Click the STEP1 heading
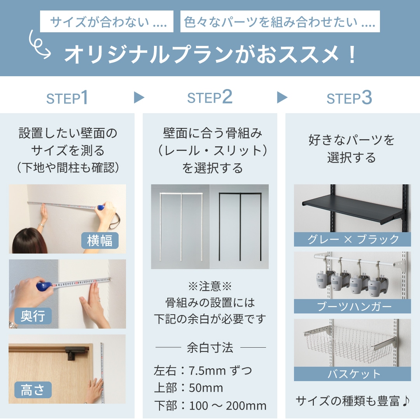pyautogui.click(x=67, y=98)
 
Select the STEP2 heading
pyautogui.click(x=210, y=97)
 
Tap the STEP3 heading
pyautogui.click(x=349, y=98)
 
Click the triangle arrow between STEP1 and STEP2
pyautogui.click(x=139, y=97)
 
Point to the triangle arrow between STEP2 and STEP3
pyautogui.click(x=282, y=97)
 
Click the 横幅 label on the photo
pyautogui.click(x=100, y=240)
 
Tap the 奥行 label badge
pyautogui.click(x=33, y=316)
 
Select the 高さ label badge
pyautogui.click(x=33, y=390)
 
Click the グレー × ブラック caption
pyautogui.click(x=352, y=239)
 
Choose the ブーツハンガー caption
pyautogui.click(x=352, y=306)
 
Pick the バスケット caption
pyautogui.click(x=352, y=374)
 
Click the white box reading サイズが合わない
pyautogui.click(x=107, y=21)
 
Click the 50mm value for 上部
pyautogui.click(x=206, y=388)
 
